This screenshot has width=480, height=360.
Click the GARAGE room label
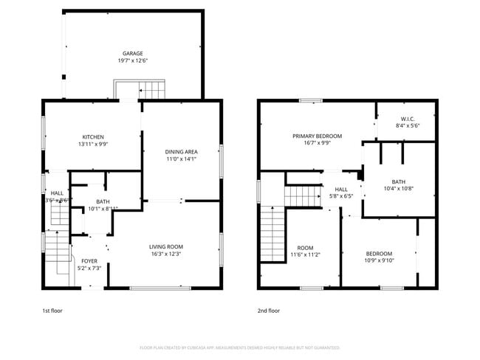tap(133, 53)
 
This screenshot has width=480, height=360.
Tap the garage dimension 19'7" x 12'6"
tap(133, 61)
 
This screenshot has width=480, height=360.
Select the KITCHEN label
tap(93, 136)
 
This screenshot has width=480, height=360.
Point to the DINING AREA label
tap(181, 151)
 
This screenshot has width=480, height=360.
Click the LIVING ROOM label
tap(165, 246)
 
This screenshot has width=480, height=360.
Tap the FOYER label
tap(89, 260)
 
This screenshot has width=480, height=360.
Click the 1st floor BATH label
tap(103, 201)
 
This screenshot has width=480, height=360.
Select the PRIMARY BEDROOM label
tap(317, 136)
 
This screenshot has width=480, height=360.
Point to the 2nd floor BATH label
tap(399, 181)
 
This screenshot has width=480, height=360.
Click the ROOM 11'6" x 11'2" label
tap(306, 247)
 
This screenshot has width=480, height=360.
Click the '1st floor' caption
tap(52, 311)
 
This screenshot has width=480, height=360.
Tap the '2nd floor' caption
tap(269, 311)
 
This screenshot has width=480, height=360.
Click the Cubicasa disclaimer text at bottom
tap(239, 347)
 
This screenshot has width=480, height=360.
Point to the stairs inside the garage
tap(151, 91)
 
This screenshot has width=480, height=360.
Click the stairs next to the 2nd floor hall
tap(301, 196)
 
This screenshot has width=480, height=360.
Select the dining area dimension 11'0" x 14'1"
tap(181, 159)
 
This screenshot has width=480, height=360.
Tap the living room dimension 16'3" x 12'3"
tap(165, 254)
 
